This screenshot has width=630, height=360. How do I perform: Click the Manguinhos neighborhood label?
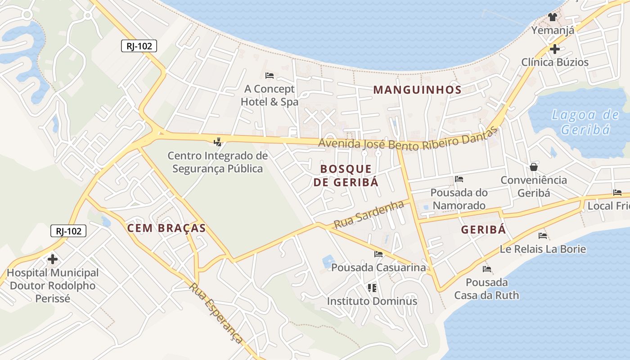tap(417, 90)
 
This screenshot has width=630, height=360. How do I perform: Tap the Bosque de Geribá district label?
tap(346, 175)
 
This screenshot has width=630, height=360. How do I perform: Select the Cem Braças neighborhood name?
tap(166, 228)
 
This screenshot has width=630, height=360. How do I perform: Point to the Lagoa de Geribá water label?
tap(585, 122)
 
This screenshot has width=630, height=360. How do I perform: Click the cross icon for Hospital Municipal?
tap(53, 259)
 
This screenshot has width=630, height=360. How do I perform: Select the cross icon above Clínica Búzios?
tap(555, 49)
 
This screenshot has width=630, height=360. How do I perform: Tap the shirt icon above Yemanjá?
tap(553, 17)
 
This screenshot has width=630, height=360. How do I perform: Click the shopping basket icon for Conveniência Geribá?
tap(534, 167)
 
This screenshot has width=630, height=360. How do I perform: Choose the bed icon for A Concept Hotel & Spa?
tap(270, 76)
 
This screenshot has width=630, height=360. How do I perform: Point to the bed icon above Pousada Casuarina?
tap(378, 254)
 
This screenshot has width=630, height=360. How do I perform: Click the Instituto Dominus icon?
tap(372, 287)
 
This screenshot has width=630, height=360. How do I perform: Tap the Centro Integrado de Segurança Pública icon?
tap(218, 142)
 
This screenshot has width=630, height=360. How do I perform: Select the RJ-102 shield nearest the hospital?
tap(68, 231)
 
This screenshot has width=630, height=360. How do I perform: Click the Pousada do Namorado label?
tap(459, 199)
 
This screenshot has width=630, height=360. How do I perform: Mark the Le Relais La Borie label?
tap(543, 249)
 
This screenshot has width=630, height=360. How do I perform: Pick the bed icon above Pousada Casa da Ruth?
tap(486, 269)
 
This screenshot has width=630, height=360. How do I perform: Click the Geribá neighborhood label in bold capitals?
tap(483, 229)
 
